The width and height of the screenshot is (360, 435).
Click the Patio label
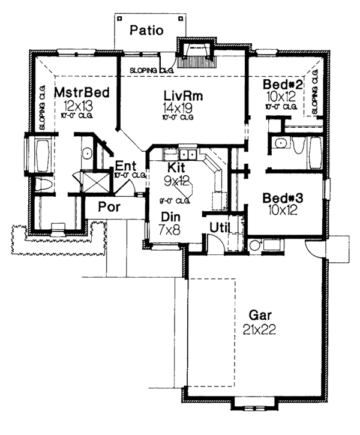pos(147,29)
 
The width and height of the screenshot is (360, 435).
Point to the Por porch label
pos(110,208)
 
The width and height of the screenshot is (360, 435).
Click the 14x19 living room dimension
pos(178,107)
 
